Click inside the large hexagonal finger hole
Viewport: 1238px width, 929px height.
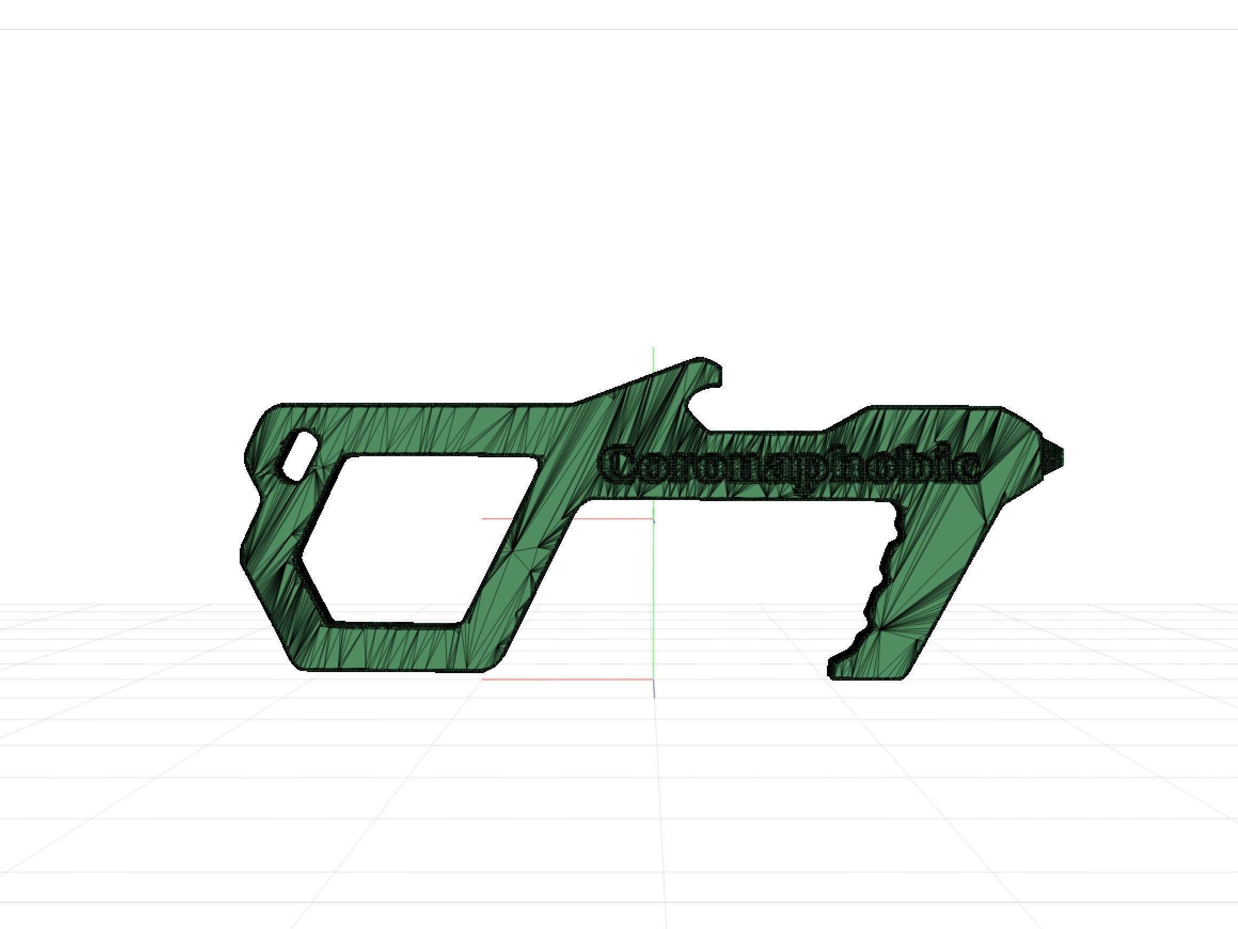[x=414, y=537]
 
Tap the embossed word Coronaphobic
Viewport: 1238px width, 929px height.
[x=789, y=464]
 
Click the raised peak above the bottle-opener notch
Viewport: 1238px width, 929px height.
[x=699, y=362]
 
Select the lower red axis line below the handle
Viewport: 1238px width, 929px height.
[x=565, y=679]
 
